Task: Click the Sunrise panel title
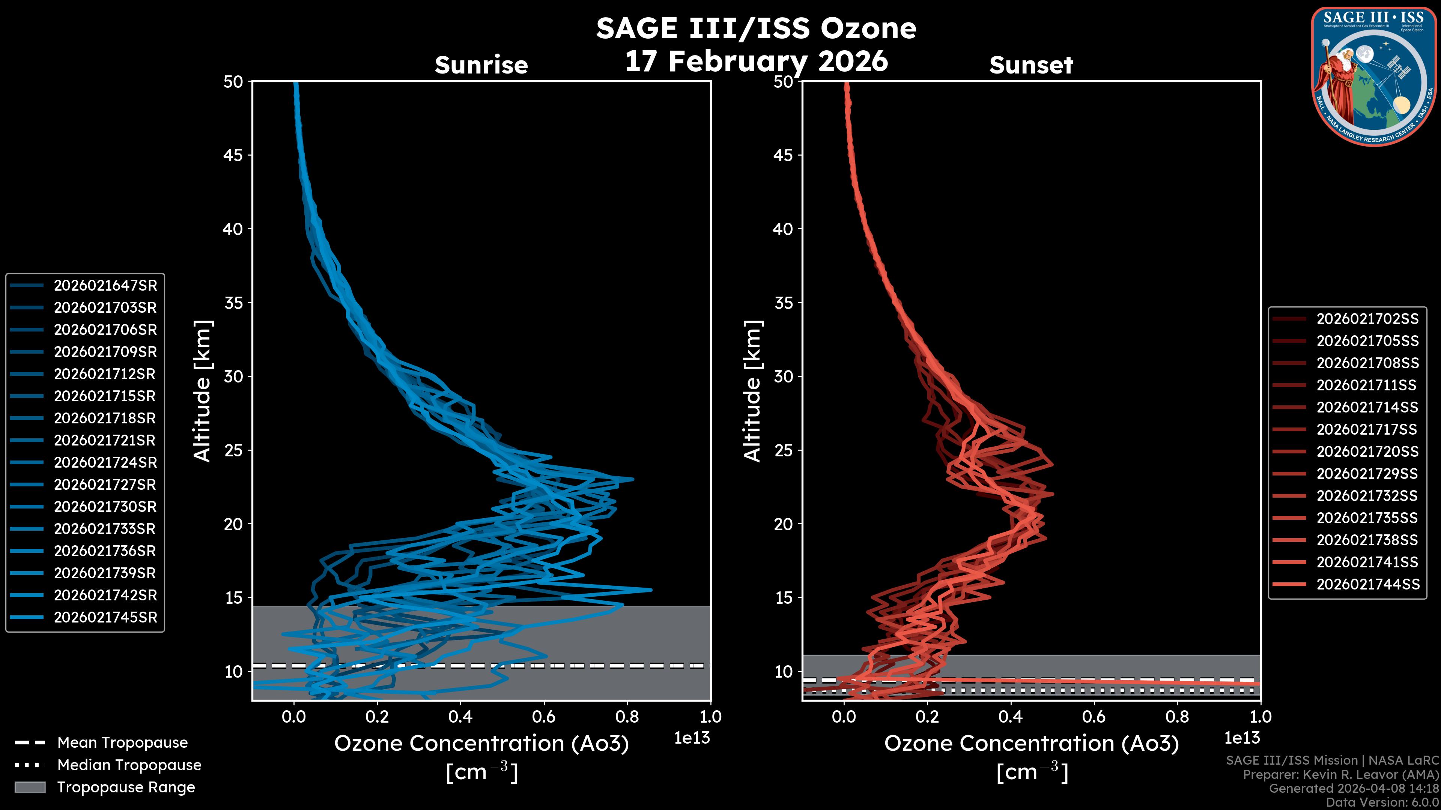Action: point(481,65)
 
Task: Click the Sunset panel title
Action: point(1031,65)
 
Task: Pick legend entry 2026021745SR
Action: point(105,618)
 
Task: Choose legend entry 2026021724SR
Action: point(105,463)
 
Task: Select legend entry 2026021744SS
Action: point(1368,584)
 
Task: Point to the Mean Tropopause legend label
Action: point(122,743)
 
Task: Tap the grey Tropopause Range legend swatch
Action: point(30,787)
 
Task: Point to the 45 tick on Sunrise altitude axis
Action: point(233,155)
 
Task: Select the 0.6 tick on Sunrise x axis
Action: point(544,717)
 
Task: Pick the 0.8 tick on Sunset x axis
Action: point(1177,717)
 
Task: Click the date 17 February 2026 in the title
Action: point(756,61)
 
